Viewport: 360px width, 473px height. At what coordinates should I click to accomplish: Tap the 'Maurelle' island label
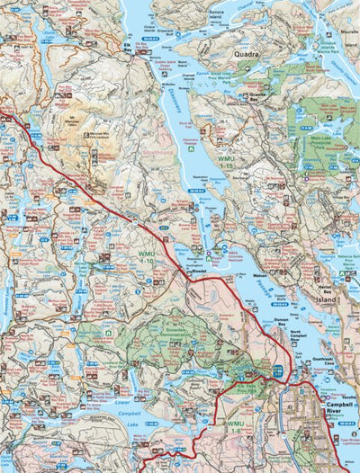[297, 11]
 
